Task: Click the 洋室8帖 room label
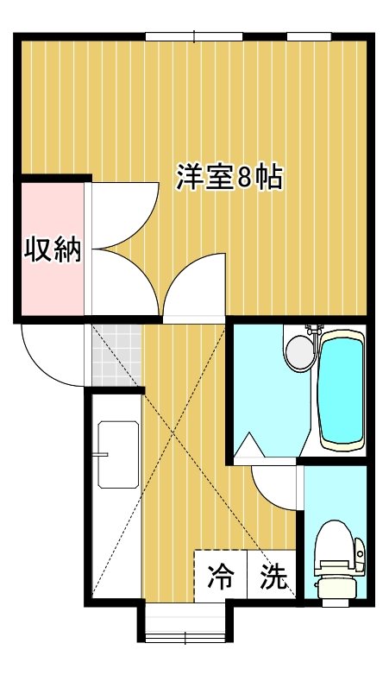click(229, 177)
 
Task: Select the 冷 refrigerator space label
click(221, 576)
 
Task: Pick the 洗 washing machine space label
click(273, 576)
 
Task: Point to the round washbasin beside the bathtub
click(300, 353)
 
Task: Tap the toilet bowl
click(339, 559)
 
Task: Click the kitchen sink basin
click(118, 455)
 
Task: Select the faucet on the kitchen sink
click(102, 455)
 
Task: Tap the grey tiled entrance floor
click(116, 356)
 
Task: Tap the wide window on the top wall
click(194, 37)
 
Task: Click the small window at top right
click(309, 37)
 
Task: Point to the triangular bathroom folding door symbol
click(249, 446)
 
